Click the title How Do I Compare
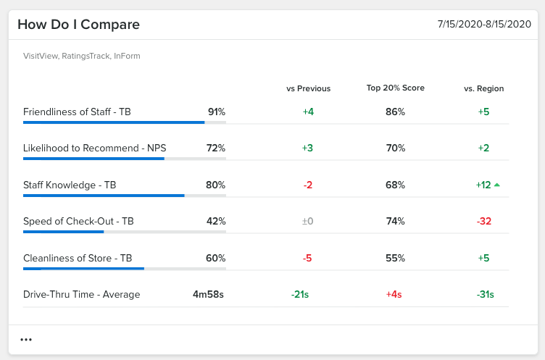[78, 25]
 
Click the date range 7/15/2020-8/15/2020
[484, 25]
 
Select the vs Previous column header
[308, 88]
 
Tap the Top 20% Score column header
[395, 88]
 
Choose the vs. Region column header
[483, 88]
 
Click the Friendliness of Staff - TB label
[77, 112]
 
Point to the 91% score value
[216, 112]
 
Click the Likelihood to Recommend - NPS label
[94, 148]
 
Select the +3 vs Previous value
[307, 148]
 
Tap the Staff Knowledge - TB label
[70, 185]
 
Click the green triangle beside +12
[496, 185]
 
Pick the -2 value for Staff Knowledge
[307, 185]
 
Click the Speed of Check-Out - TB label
[78, 222]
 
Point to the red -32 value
[483, 222]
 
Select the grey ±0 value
[307, 222]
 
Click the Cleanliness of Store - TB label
[78, 258]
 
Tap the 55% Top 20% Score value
[395, 258]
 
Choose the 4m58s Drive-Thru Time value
[208, 294]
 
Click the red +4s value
[395, 294]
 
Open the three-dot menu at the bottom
[26, 340]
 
